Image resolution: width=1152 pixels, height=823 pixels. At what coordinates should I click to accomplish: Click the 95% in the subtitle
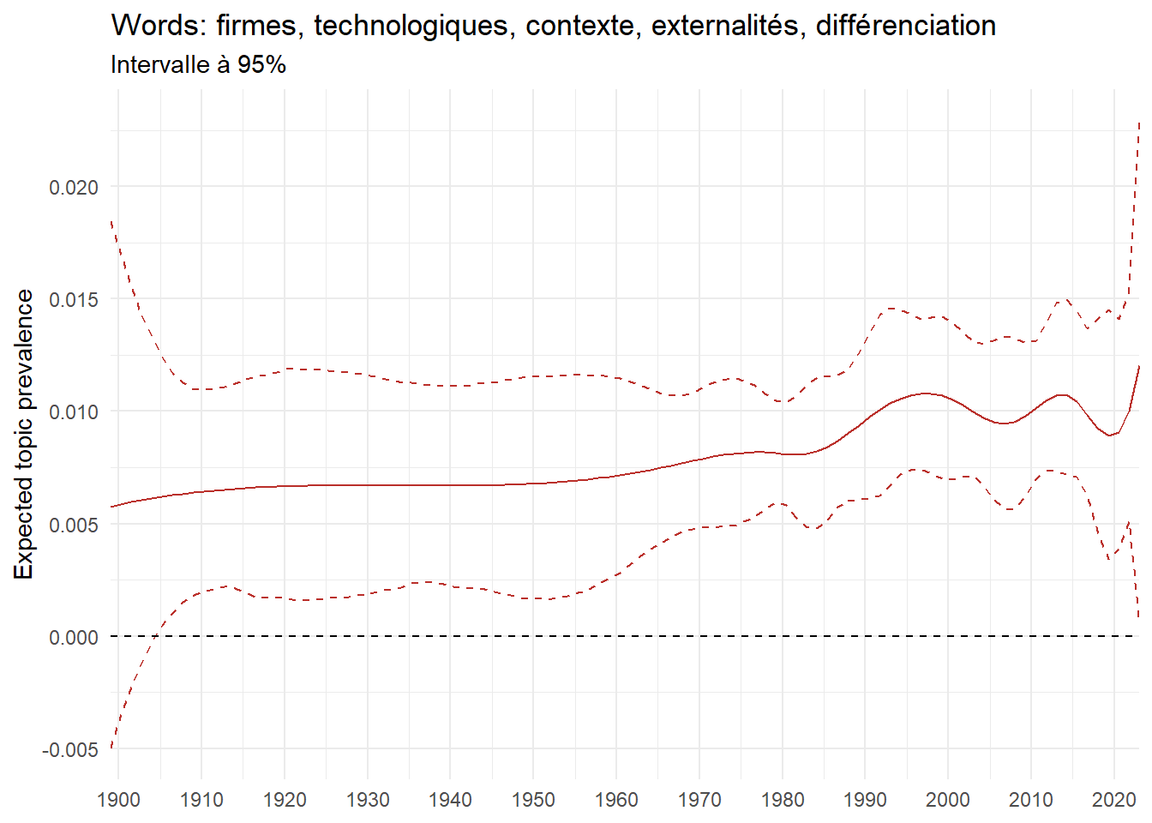[x=261, y=65]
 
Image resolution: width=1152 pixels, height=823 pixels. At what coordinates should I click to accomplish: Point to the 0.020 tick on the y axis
[x=74, y=188]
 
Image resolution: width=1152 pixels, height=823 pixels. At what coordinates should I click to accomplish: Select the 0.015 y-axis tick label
[x=74, y=300]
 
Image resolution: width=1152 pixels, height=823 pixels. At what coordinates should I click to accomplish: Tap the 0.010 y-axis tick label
[x=74, y=412]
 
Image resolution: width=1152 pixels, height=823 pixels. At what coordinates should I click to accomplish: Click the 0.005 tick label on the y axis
[x=74, y=525]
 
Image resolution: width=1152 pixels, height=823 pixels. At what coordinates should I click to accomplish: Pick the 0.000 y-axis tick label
[x=74, y=638]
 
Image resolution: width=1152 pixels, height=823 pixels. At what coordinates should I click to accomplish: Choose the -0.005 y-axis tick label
[x=70, y=750]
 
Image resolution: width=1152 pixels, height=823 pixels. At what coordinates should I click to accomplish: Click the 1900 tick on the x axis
[x=118, y=801]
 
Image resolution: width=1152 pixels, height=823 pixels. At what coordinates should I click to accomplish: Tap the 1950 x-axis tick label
[x=533, y=801]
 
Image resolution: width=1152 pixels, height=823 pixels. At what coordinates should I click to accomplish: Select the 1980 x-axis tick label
[x=782, y=801]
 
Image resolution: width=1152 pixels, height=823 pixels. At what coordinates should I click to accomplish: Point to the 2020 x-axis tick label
[x=1113, y=801]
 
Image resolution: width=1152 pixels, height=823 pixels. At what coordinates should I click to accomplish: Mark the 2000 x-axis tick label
[x=948, y=801]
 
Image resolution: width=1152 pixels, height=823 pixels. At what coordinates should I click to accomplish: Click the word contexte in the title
[x=582, y=26]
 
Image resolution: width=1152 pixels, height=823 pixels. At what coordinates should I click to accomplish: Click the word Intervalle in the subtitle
[x=160, y=65]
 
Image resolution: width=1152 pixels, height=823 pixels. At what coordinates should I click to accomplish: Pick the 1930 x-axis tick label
[x=367, y=801]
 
